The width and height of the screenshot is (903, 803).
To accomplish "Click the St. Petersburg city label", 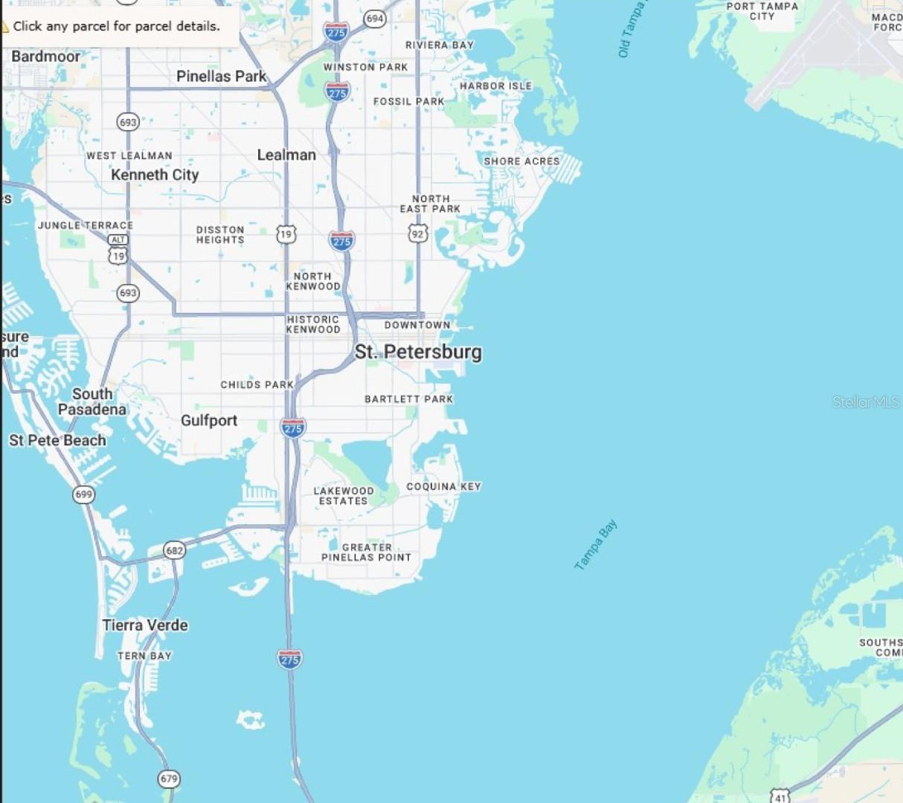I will [x=418, y=352].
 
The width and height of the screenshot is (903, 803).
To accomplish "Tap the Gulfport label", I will [x=209, y=421].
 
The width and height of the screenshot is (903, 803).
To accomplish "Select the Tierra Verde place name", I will [x=145, y=625].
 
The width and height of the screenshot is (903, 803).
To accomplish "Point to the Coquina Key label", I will [x=443, y=486].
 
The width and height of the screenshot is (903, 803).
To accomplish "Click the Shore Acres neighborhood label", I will [x=521, y=161].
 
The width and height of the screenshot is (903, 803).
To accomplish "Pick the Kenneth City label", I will [x=155, y=175].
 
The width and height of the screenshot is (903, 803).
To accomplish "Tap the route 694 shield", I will [x=375, y=19].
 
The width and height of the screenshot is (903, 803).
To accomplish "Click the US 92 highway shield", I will [x=418, y=234].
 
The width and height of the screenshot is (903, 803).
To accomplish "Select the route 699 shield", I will [x=84, y=494].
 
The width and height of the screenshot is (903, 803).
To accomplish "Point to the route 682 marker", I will [x=174, y=551].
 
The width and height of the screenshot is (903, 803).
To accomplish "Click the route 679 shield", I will [x=169, y=778].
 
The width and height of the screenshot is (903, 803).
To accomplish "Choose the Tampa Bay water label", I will [x=596, y=545].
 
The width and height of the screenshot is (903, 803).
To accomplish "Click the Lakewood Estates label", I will [x=344, y=496].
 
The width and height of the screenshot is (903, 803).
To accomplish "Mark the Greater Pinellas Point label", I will [x=366, y=552].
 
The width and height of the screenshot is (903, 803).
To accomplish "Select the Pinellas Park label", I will [x=221, y=76].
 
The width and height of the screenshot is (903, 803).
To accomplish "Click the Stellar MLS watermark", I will [x=866, y=402].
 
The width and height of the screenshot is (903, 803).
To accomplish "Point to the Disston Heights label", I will [x=220, y=235].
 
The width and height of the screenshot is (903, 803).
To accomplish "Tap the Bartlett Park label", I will [x=408, y=399].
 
